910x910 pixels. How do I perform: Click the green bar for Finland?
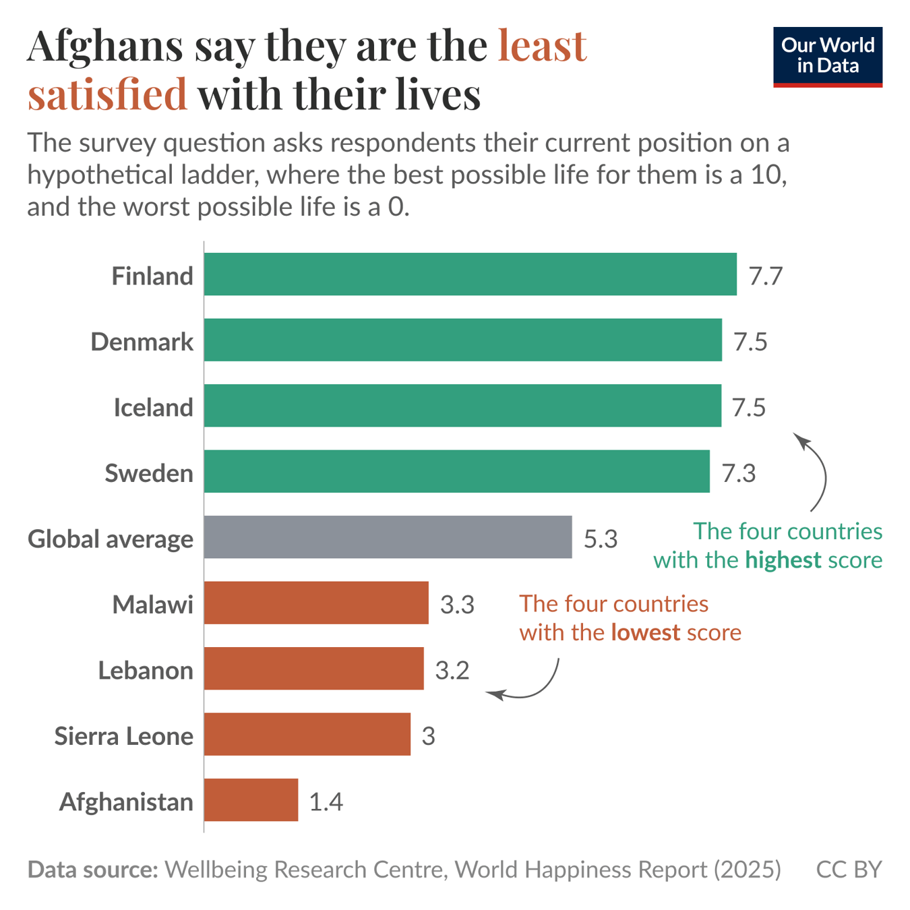(470, 274)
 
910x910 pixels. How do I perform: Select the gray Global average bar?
(388, 537)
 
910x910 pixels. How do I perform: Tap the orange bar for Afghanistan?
(251, 800)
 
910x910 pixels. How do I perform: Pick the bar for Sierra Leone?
(307, 734)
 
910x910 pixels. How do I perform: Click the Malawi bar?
(316, 603)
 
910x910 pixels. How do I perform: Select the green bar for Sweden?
(456, 471)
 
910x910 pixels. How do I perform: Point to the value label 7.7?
(765, 276)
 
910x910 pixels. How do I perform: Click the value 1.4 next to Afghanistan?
(326, 801)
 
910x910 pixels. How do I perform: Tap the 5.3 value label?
(600, 539)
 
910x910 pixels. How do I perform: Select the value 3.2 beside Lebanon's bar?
(452, 671)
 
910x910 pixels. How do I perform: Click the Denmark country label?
(142, 342)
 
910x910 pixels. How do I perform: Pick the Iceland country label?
(153, 408)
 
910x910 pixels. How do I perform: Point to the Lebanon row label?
(146, 671)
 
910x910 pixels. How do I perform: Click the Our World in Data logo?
(827, 57)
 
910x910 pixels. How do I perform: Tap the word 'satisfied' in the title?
(107, 94)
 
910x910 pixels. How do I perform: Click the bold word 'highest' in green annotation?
(783, 560)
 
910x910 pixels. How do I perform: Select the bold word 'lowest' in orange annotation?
(645, 632)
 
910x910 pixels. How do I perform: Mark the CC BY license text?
(849, 870)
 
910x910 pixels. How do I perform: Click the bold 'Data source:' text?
(92, 870)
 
